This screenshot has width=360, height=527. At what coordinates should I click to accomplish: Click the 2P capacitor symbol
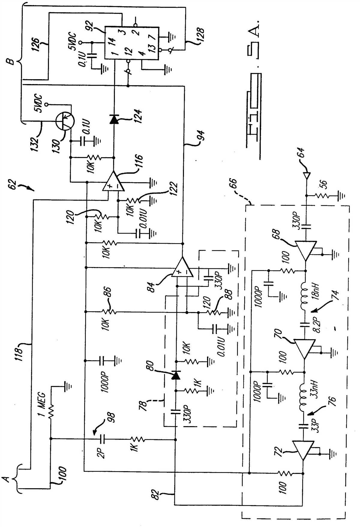click(x=102, y=440)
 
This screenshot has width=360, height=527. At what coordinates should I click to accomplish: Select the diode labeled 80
click(x=175, y=375)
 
